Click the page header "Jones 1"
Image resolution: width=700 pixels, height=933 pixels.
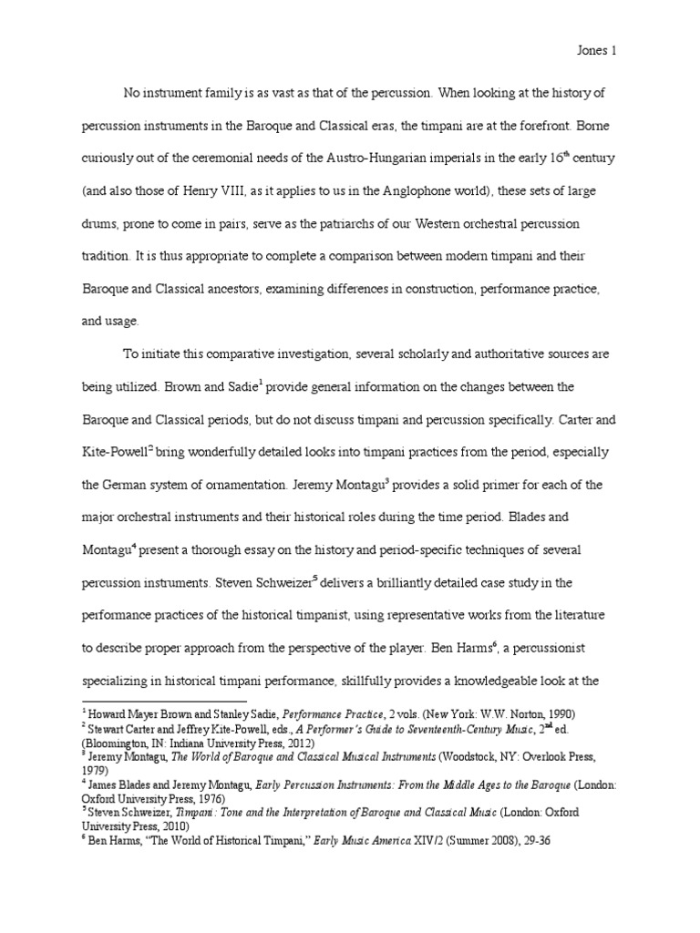tap(597, 52)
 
